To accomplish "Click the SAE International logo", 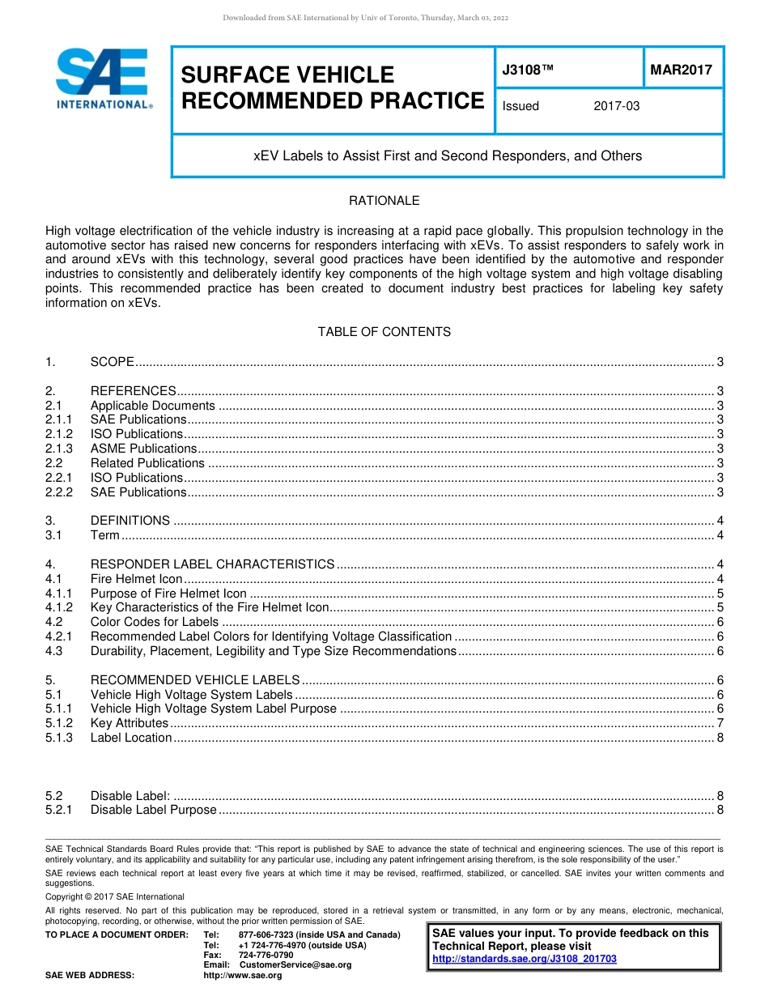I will tap(103, 79).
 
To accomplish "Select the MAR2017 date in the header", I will tap(682, 70).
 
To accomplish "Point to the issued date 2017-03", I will tap(616, 106).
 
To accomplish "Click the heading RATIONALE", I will tap(384, 201).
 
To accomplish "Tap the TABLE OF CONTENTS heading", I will tap(384, 332).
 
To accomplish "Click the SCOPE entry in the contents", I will tap(112, 362).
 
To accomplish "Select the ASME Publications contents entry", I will tap(143, 449).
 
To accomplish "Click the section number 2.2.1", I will tap(59, 478).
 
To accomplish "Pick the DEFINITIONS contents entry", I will tap(130, 521).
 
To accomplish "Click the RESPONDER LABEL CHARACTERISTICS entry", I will tap(212, 564).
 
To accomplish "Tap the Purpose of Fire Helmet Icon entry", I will tap(168, 594).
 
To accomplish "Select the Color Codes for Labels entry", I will tap(155, 622).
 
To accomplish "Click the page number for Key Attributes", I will tap(720, 723).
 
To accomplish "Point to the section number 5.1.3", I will tap(59, 738).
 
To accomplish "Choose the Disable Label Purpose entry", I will tap(153, 810).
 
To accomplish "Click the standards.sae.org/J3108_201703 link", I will tap(525, 959).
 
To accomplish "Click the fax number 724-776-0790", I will tap(266, 956).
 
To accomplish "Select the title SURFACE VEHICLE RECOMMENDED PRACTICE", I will tap(332, 88).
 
